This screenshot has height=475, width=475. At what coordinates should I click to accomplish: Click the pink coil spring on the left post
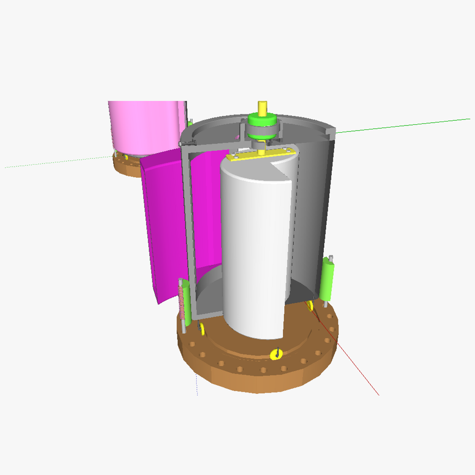tap(182, 303)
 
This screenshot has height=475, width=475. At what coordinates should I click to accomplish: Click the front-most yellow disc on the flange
tap(276, 354)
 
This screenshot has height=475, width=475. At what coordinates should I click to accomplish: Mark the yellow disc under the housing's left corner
tap(201, 328)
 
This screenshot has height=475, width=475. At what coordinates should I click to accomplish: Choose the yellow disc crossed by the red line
tap(310, 305)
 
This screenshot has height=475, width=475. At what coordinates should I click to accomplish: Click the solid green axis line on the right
tap(404, 125)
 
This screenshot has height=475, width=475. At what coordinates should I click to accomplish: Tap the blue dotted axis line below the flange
tap(197, 384)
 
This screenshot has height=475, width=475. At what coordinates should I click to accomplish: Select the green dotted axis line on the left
tap(59, 162)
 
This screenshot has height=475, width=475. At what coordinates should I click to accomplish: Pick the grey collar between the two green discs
tap(261, 130)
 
